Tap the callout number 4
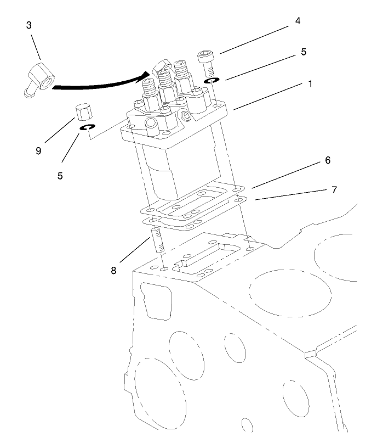[x=298, y=22]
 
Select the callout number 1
[x=310, y=85]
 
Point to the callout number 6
[x=328, y=160]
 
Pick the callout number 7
[x=334, y=190]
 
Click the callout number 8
[x=113, y=270]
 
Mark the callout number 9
[x=38, y=150]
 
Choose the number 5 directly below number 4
[x=303, y=53]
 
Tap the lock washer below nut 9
[x=85, y=128]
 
